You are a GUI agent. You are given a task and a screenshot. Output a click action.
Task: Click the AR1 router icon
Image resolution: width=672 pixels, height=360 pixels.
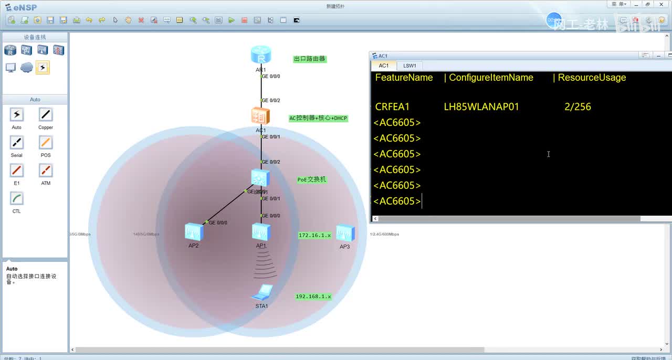pyautogui.click(x=261, y=55)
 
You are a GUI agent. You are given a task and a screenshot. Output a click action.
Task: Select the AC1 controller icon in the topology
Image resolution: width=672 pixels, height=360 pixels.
pyautogui.click(x=260, y=116)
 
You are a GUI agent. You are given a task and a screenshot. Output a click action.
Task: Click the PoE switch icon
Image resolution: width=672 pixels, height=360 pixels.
pyautogui.click(x=260, y=178)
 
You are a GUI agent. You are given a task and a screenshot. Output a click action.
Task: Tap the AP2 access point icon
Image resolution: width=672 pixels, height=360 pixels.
pyautogui.click(x=194, y=231)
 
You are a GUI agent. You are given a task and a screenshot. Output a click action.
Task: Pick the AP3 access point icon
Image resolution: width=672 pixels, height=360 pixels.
pyautogui.click(x=345, y=233)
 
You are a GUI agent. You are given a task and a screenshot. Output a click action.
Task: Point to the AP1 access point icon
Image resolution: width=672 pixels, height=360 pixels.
pyautogui.click(x=261, y=232)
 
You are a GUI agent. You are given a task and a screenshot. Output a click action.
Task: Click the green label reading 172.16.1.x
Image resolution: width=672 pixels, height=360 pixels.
pyautogui.click(x=315, y=236)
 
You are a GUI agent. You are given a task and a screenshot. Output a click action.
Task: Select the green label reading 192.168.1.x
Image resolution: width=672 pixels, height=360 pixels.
pyautogui.click(x=313, y=297)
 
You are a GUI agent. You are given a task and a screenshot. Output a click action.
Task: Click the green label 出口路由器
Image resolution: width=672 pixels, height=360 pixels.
pyautogui.click(x=310, y=59)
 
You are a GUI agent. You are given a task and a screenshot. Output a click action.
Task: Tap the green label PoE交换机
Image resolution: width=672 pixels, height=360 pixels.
pyautogui.click(x=312, y=179)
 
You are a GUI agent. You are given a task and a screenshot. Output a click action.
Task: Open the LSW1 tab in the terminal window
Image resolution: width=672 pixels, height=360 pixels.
pyautogui.click(x=409, y=66)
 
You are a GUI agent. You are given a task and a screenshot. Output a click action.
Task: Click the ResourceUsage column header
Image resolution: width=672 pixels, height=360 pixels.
pyautogui.click(x=592, y=78)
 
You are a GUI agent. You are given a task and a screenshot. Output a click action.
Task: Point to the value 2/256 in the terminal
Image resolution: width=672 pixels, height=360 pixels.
pyautogui.click(x=577, y=107)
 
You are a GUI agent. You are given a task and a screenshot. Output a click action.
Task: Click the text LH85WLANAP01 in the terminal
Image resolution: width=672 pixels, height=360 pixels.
pyautogui.click(x=481, y=107)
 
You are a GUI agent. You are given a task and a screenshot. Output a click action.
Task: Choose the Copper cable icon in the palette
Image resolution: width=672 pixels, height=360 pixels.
pyautogui.click(x=46, y=115)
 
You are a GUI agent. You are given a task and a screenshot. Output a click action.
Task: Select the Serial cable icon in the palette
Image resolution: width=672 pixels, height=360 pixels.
pyautogui.click(x=17, y=143)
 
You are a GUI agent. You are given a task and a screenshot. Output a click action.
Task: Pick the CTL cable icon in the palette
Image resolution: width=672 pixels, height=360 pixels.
pyautogui.click(x=17, y=199)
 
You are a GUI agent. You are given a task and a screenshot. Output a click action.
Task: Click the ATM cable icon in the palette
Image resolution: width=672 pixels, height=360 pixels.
pyautogui.click(x=46, y=171)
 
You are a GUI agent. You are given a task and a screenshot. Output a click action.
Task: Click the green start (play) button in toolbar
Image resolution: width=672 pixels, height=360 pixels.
pyautogui.click(x=232, y=20)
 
